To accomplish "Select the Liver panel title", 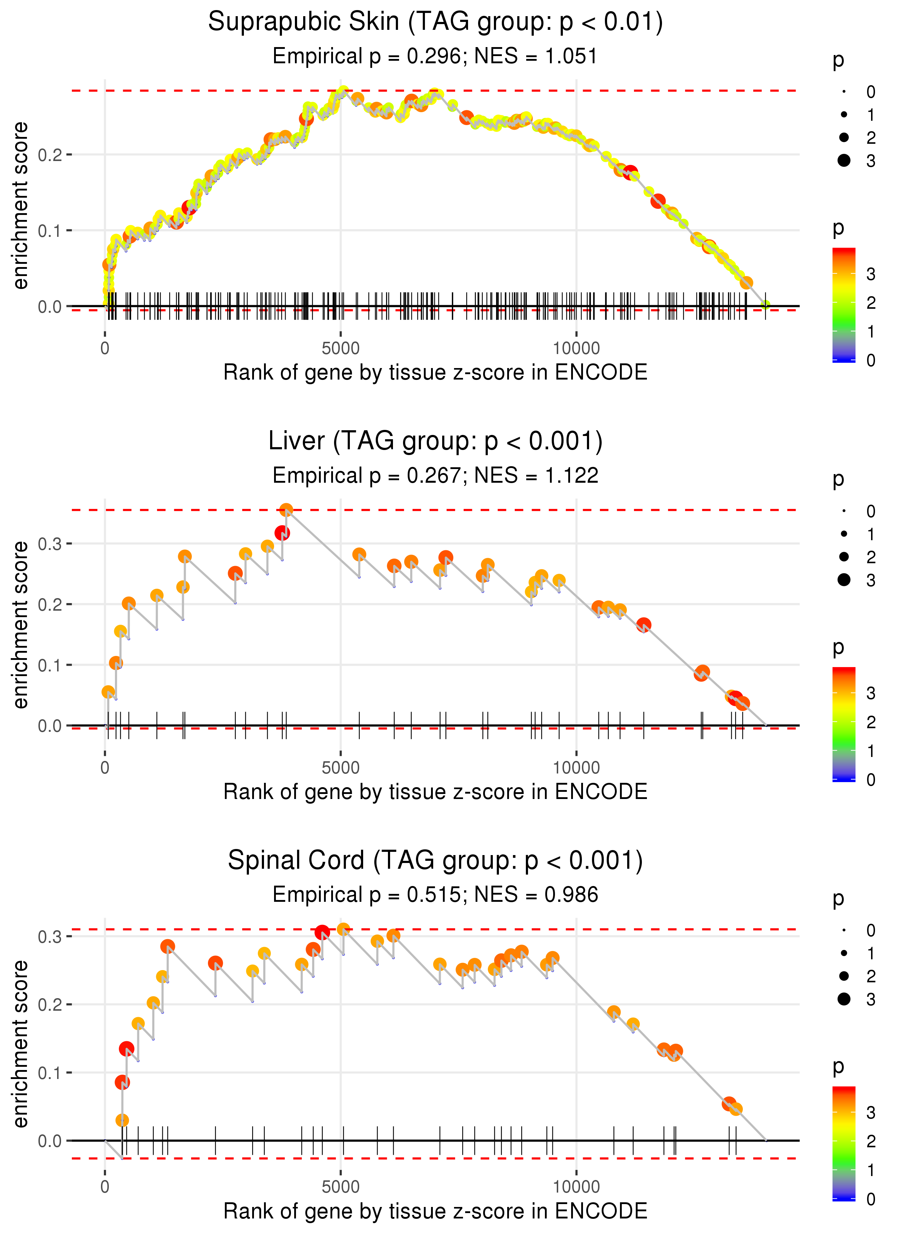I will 435,441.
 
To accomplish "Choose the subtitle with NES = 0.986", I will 435,895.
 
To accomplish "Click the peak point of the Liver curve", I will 286,510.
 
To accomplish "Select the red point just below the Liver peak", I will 282,533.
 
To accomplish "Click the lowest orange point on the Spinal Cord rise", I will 122,1120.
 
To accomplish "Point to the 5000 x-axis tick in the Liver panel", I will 341,768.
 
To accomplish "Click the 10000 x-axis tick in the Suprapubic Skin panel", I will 576,349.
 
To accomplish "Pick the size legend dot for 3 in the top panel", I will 844,160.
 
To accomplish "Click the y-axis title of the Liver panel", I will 20,625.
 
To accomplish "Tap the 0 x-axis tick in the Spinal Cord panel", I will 105,1187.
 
